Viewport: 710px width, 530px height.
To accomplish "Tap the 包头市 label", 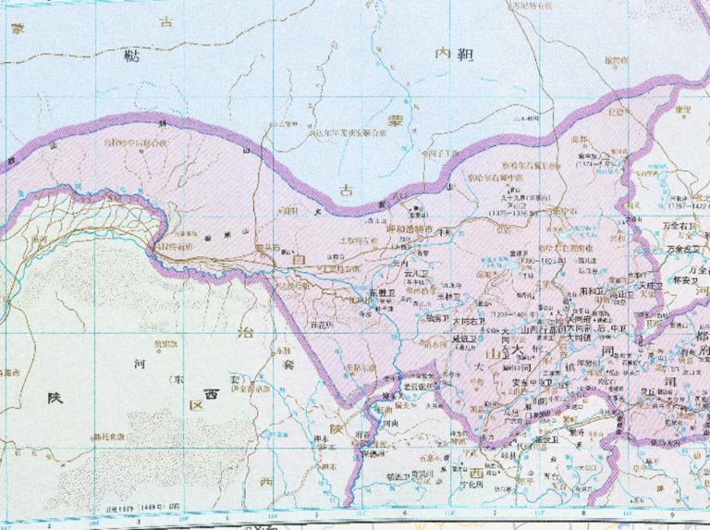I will click(268, 247).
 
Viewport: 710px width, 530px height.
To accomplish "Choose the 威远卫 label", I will click(467, 339).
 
